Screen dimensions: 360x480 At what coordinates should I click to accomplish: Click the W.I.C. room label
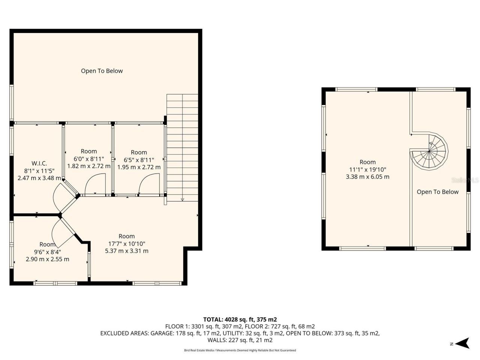point(39,163)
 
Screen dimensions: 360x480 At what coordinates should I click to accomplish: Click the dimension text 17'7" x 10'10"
point(126,243)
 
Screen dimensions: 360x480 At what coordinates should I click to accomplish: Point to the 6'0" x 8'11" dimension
point(88,159)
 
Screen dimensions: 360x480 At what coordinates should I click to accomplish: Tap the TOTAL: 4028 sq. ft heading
point(240,319)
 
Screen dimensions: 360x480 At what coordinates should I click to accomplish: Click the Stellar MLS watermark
point(465,180)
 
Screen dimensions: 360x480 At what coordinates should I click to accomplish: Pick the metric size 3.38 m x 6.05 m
point(367,177)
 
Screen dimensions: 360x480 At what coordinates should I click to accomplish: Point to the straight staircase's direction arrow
point(182,199)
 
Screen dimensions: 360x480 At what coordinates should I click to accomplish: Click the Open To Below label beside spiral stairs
point(438,192)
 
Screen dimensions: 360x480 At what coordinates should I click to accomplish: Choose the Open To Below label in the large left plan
point(102,71)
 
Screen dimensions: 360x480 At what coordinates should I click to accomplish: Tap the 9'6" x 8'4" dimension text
point(47,252)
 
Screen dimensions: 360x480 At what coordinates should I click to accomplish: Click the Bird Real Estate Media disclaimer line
point(240,350)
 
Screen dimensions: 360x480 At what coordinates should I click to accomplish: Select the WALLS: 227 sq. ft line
point(240,340)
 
